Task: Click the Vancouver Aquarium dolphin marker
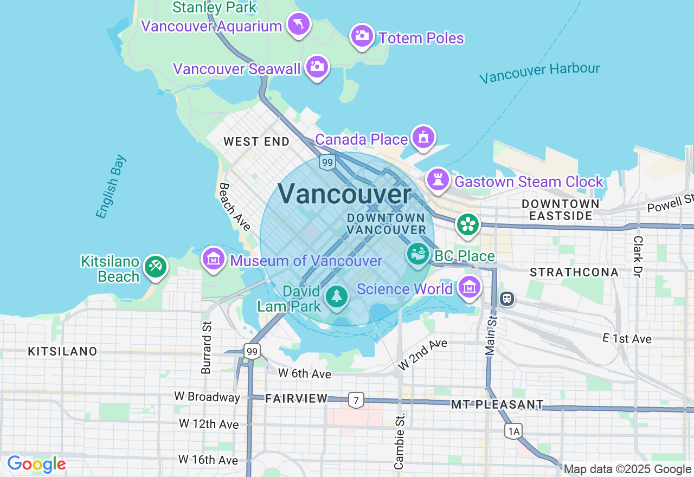point(299,24)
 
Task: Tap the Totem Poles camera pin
point(362,36)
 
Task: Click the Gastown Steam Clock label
point(529,182)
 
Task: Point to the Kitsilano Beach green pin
point(156,266)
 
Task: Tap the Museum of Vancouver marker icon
point(214,259)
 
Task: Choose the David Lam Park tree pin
point(337,296)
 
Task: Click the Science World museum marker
point(469,287)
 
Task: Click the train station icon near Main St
point(507,298)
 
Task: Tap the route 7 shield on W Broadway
point(356,401)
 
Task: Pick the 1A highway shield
point(513,431)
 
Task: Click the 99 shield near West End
point(326,162)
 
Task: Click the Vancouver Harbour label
point(540,73)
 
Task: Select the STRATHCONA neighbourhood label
point(574,272)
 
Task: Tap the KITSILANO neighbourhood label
point(63,351)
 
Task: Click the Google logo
point(36,465)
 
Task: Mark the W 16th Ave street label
point(208,460)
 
